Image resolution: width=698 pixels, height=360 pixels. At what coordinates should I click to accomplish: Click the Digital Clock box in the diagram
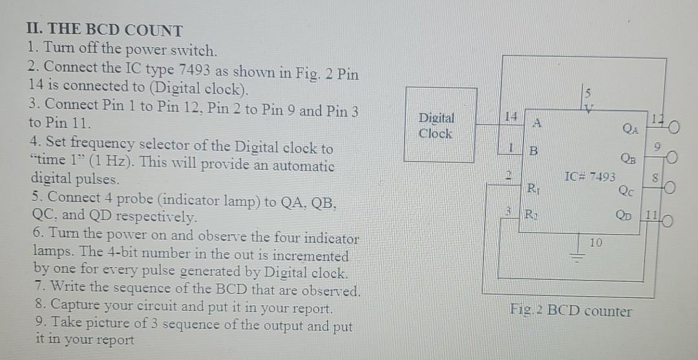pyautogui.click(x=440, y=125)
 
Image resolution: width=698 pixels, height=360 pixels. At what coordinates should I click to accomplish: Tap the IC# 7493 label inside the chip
pyautogui.click(x=590, y=176)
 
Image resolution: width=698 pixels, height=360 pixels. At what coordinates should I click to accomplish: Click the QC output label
pyautogui.click(x=626, y=190)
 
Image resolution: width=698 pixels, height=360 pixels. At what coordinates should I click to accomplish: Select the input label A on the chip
pyautogui.click(x=536, y=122)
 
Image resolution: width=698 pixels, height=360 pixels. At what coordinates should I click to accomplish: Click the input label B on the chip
pyautogui.click(x=534, y=153)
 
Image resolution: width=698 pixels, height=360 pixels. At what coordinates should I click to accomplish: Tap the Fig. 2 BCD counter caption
pyautogui.click(x=570, y=311)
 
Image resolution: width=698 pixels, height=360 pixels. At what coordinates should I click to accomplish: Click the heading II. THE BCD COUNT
pyautogui.click(x=105, y=30)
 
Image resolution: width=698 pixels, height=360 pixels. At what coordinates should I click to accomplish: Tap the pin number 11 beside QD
pyautogui.click(x=652, y=215)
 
